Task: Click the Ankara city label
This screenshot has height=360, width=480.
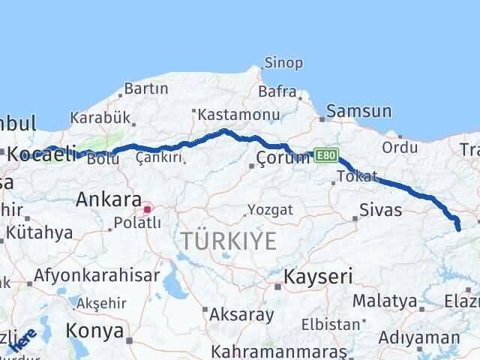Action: pos(109,200)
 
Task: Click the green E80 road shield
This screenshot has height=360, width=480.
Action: pos(325,154)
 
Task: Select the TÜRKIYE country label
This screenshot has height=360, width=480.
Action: pos(228,241)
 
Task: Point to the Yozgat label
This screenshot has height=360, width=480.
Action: pos(271,210)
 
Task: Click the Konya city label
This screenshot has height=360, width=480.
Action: pos(94,330)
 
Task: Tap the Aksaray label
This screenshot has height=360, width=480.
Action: pos(241,313)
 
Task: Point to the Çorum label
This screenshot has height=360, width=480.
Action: pos(283,157)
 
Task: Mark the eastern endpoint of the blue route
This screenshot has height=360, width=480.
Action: pos(459,229)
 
